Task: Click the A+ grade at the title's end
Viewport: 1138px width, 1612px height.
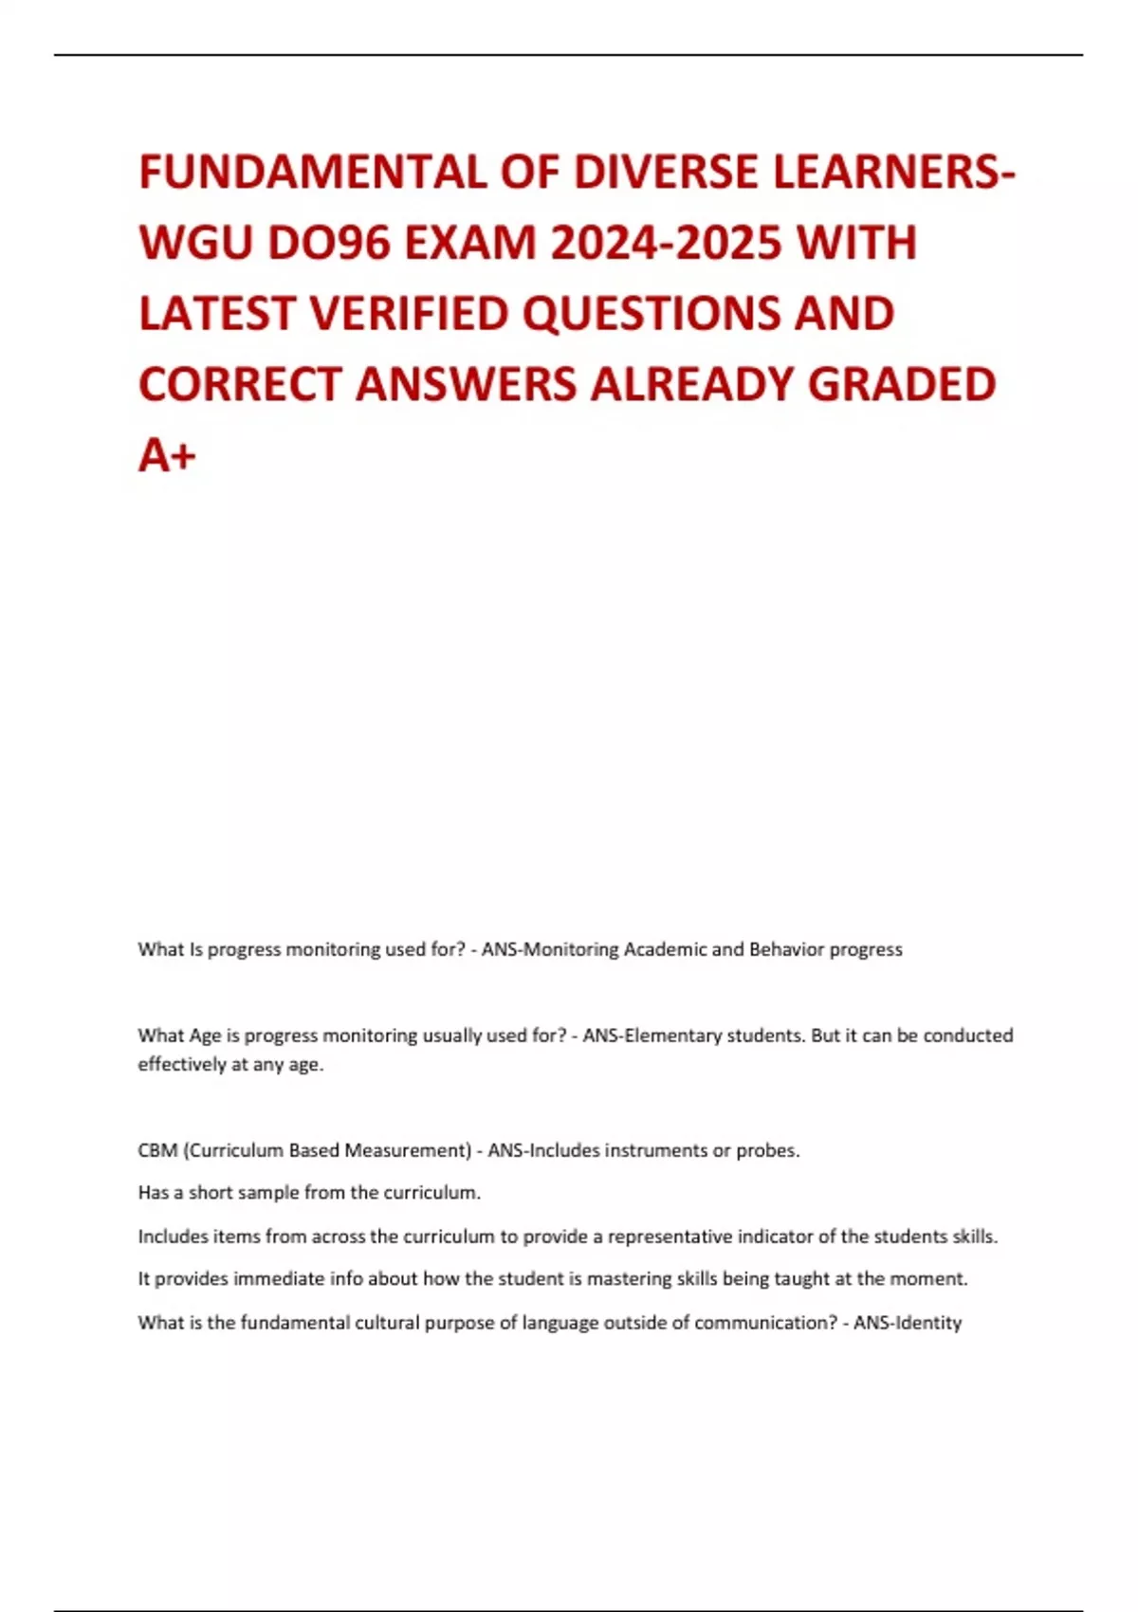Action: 167,455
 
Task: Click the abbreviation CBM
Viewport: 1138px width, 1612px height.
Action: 157,1150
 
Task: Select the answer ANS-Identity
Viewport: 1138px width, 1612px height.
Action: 908,1323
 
